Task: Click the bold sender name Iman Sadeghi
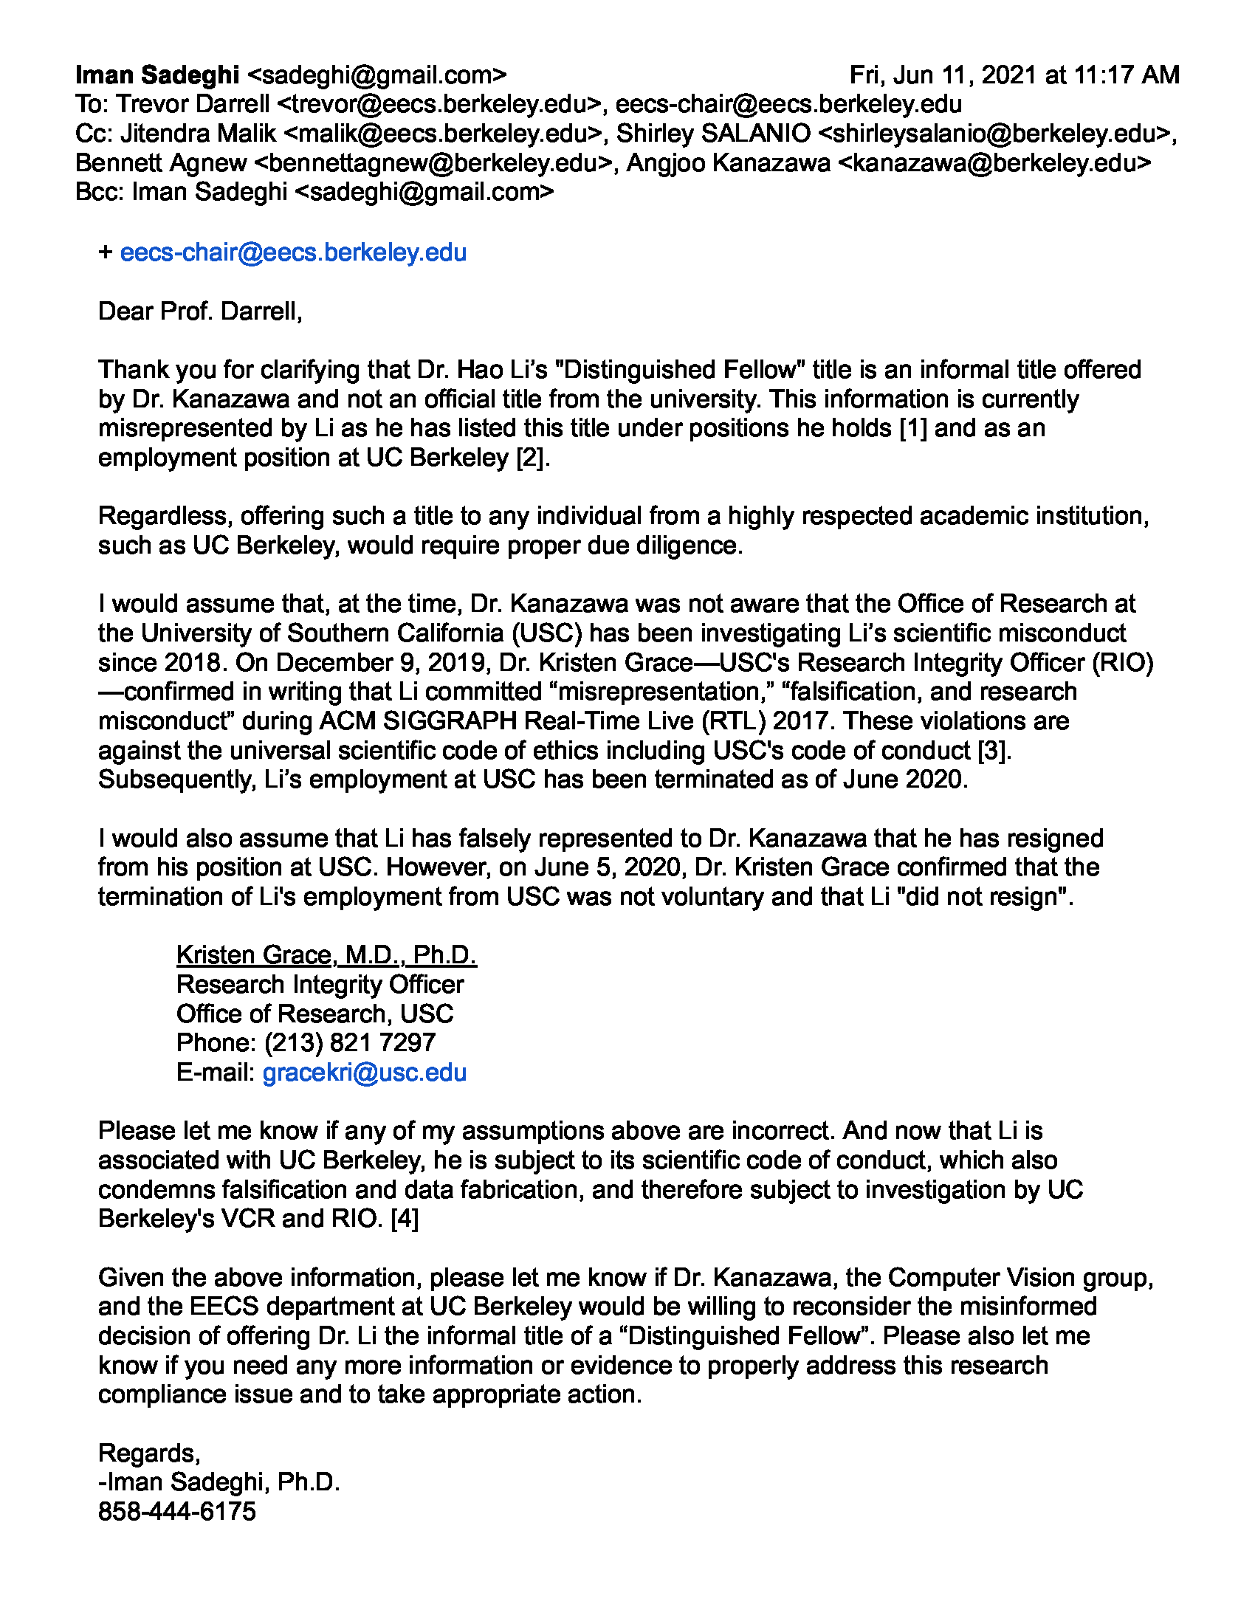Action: (157, 75)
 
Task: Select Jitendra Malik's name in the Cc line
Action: (198, 134)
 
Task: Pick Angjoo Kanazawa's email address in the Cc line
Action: (994, 163)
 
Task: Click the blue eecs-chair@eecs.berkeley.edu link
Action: (293, 252)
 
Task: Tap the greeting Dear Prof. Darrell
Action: (200, 312)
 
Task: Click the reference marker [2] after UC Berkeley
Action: (533, 458)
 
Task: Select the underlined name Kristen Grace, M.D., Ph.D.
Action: (326, 955)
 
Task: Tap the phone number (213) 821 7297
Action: (349, 1043)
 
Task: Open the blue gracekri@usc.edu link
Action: (364, 1073)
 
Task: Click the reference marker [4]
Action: (405, 1219)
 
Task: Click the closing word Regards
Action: (148, 1453)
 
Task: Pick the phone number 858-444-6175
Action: (177, 1512)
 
